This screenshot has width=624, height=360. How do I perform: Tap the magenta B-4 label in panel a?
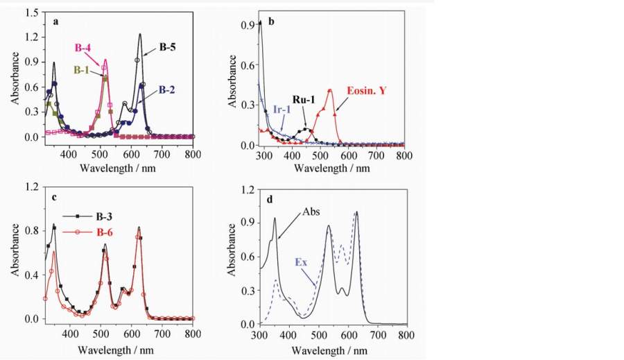(84, 47)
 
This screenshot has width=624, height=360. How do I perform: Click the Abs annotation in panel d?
(309, 214)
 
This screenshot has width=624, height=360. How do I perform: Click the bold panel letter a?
(55, 22)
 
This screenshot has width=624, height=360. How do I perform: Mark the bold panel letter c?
(53, 198)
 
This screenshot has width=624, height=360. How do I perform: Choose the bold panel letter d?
(269, 200)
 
